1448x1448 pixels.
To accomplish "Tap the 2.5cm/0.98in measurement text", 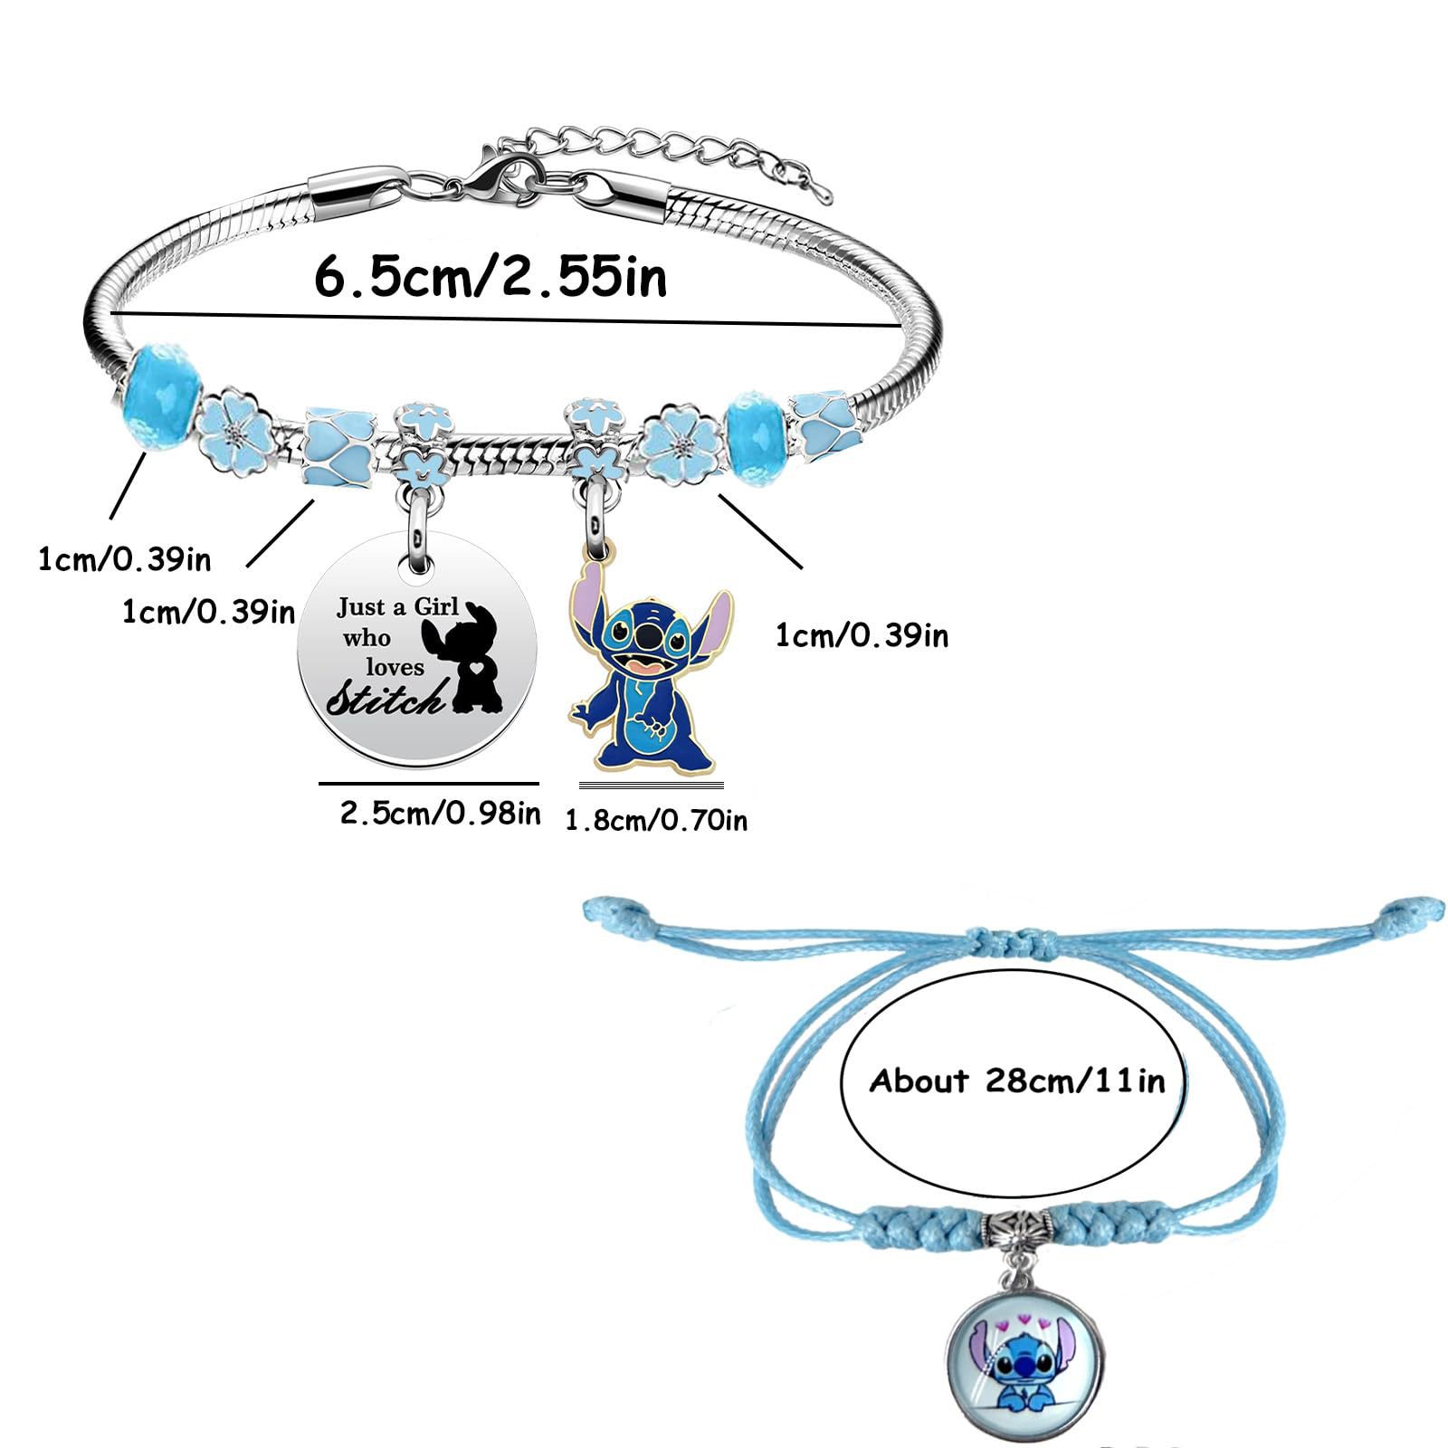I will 440,813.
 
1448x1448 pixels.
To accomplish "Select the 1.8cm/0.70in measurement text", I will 656,821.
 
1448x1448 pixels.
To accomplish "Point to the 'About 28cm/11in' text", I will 1017,1081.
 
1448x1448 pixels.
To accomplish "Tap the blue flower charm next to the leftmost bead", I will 238,433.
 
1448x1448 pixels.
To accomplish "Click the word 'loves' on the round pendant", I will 395,668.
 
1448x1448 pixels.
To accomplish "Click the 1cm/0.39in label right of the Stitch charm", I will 862,636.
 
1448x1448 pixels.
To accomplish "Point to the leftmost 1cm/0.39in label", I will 124,559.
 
